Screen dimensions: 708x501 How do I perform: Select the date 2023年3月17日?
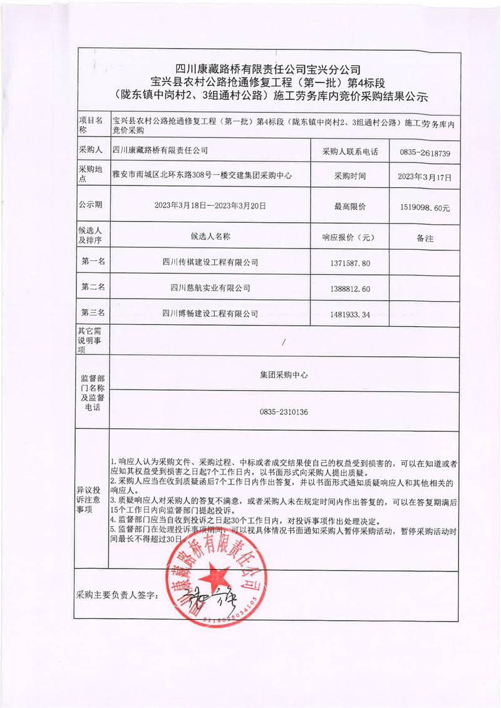(x=424, y=177)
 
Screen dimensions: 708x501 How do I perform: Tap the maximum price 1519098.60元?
(x=424, y=207)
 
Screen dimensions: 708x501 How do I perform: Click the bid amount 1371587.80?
(x=349, y=263)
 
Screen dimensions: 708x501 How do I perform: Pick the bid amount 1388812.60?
(x=349, y=289)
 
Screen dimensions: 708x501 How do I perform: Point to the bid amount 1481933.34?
(x=349, y=314)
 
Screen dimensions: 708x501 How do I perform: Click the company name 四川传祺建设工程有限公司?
(x=210, y=262)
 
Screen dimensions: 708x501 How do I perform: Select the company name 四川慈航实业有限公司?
(x=210, y=288)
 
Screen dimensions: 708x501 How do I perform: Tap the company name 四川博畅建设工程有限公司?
(x=210, y=313)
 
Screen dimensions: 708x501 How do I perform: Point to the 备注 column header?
(x=425, y=239)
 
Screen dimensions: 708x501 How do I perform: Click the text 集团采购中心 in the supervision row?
(x=284, y=376)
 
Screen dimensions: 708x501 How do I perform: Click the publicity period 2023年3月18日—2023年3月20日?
(x=210, y=205)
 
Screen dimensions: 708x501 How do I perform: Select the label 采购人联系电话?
(x=350, y=151)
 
